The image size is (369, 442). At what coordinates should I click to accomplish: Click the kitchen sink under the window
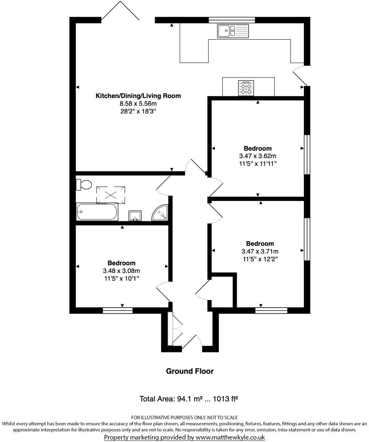coord(233,31)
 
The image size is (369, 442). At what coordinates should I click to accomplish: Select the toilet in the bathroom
coord(84,185)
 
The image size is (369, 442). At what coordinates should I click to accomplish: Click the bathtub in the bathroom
coord(97,212)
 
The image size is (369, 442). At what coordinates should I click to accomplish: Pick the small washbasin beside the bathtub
coord(135,216)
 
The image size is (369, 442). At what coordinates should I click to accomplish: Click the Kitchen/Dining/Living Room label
coord(138,96)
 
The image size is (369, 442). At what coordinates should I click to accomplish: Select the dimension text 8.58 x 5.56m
coord(138,104)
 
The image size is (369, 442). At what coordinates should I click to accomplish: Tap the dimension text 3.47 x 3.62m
coord(257,156)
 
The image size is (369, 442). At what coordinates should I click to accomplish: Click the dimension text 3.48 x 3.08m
coord(121,270)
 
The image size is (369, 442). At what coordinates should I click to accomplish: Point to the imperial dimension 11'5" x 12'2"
coord(260,259)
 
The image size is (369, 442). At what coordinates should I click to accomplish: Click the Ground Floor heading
coord(190,371)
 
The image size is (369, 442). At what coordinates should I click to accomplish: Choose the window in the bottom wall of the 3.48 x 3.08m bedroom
coord(118,311)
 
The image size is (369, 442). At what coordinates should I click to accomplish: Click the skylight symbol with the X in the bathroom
coord(111,195)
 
